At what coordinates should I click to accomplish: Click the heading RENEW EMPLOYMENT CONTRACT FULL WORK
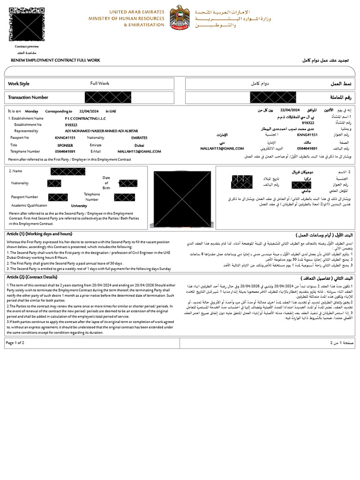(55, 60)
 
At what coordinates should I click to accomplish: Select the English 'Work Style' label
(19, 84)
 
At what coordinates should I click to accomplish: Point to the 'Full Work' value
(100, 83)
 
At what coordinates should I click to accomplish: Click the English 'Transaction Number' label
(28, 97)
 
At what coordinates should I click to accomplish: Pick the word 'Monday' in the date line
(32, 112)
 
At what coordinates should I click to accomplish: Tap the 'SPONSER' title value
(65, 145)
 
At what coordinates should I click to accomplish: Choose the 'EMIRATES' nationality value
(139, 138)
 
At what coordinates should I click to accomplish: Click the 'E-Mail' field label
(96, 151)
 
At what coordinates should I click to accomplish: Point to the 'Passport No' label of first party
(20, 138)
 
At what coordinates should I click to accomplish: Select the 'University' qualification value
(79, 206)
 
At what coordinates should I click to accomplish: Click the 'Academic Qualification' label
(30, 205)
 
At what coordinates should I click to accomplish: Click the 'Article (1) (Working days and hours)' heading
(39, 234)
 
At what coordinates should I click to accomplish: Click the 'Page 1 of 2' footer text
(15, 343)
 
